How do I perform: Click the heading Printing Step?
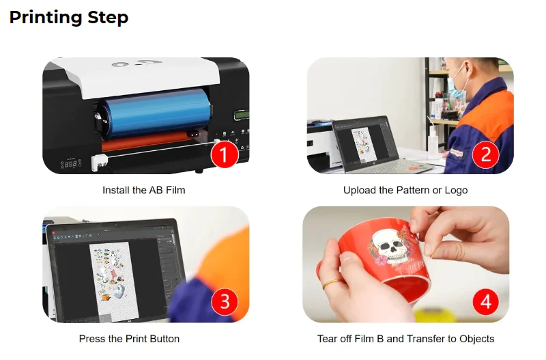(68, 17)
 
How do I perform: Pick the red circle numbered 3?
(225, 302)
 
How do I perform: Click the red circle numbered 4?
(485, 302)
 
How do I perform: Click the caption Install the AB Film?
(143, 190)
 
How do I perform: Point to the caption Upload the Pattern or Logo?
(405, 190)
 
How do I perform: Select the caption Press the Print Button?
(129, 338)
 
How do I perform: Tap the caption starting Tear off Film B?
(405, 338)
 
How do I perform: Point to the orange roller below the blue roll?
(150, 144)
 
